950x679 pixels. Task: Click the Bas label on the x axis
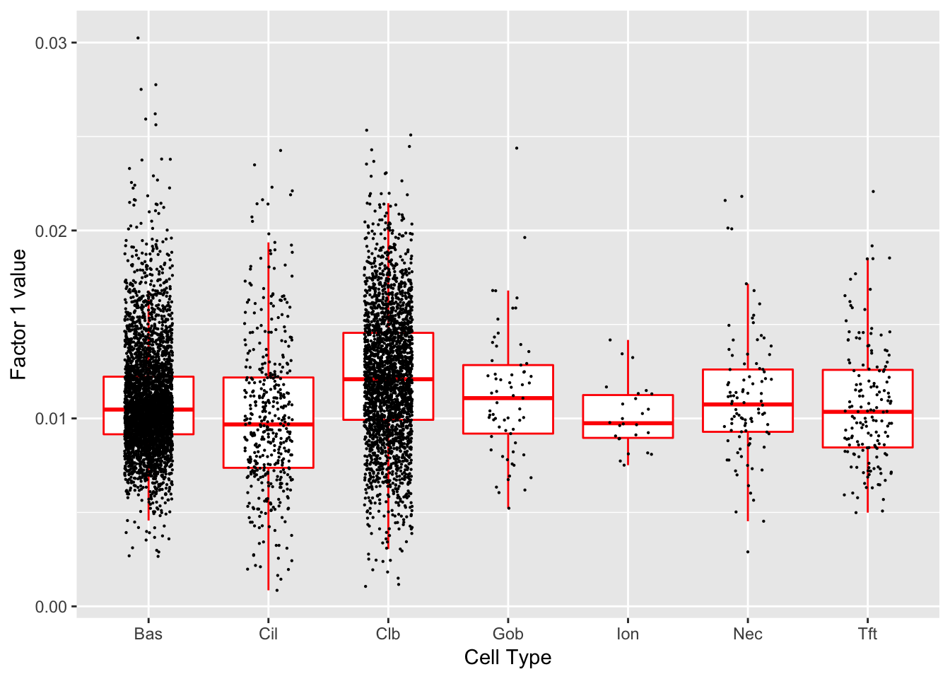(148, 634)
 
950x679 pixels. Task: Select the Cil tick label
(268, 634)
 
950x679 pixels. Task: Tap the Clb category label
(387, 634)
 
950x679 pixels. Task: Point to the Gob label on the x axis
(508, 634)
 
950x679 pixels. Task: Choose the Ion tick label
(628, 634)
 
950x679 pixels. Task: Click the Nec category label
(747, 634)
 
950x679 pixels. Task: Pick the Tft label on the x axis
(867, 634)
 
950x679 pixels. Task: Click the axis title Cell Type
(508, 658)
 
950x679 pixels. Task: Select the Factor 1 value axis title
(18, 314)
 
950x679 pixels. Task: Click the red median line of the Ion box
(628, 423)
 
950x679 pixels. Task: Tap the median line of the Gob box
(508, 398)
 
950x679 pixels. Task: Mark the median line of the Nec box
(747, 404)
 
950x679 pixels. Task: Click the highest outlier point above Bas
(138, 37)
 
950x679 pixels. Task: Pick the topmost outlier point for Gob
(517, 148)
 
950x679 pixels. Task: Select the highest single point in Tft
(873, 191)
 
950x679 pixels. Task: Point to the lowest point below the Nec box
(748, 552)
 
